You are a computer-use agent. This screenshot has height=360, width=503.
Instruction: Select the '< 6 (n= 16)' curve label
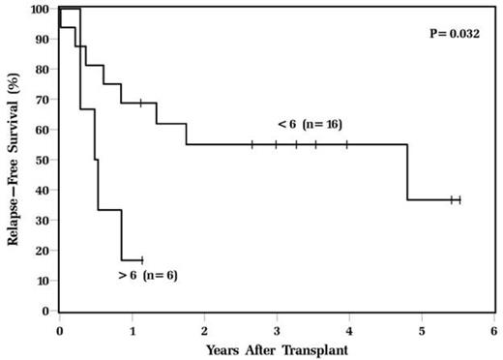pyautogui.click(x=310, y=124)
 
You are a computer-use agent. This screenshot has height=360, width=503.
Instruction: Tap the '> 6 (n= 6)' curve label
pyautogui.click(x=146, y=276)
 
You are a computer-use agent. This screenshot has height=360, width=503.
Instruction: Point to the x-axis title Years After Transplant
pyautogui.click(x=277, y=347)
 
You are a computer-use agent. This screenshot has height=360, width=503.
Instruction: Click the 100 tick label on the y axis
pyautogui.click(x=41, y=10)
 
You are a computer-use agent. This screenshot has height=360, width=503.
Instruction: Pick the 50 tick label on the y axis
pyautogui.click(x=44, y=161)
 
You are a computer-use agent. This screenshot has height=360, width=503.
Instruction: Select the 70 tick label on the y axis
pyautogui.click(x=44, y=100)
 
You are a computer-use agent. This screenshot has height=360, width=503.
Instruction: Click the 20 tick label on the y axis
pyautogui.click(x=44, y=252)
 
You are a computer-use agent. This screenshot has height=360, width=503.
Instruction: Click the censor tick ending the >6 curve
pyautogui.click(x=142, y=260)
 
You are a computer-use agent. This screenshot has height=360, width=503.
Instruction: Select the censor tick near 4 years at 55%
pyautogui.click(x=346, y=144)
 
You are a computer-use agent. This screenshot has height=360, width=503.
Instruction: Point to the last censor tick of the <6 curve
pyautogui.click(x=459, y=199)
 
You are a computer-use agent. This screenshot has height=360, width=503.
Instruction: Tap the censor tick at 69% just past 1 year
pyautogui.click(x=140, y=103)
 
